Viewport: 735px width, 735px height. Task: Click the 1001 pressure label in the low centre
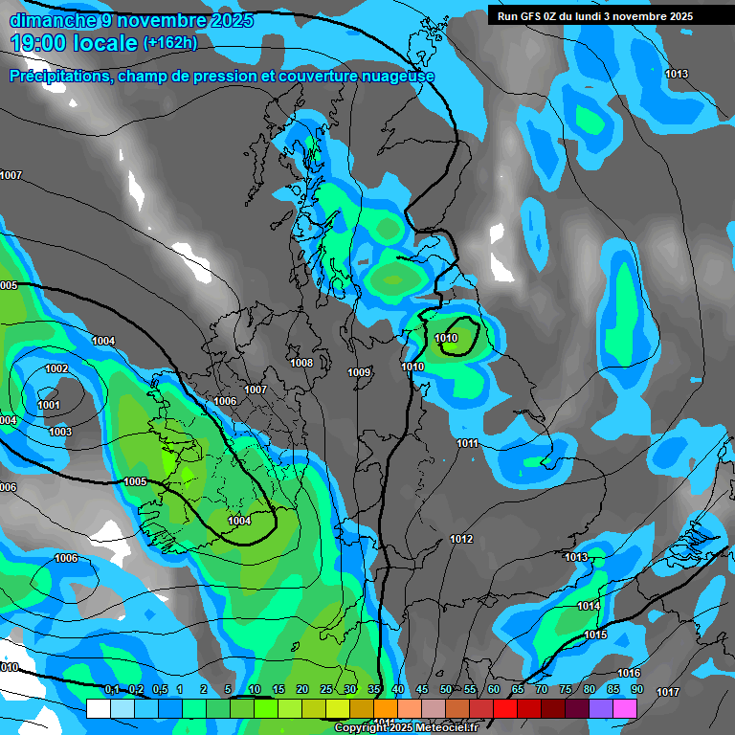(49, 405)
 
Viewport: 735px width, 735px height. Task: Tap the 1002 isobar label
(56, 369)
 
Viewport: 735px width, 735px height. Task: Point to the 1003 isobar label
(59, 432)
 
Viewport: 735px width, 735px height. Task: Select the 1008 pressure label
(301, 363)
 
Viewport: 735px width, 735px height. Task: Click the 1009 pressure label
(359, 372)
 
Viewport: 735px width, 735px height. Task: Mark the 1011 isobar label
(467, 443)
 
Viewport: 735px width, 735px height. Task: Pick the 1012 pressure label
(461, 539)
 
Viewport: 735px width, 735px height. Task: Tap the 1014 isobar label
(589, 606)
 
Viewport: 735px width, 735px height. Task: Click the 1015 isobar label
(595, 635)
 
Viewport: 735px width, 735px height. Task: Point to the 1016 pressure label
(629, 674)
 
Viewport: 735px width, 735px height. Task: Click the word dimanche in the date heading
(49, 20)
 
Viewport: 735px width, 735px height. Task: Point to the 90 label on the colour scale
(636, 689)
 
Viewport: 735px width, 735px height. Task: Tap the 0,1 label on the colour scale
(112, 689)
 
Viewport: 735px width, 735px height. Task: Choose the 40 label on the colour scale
(397, 689)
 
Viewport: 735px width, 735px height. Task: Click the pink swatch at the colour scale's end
(625, 708)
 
